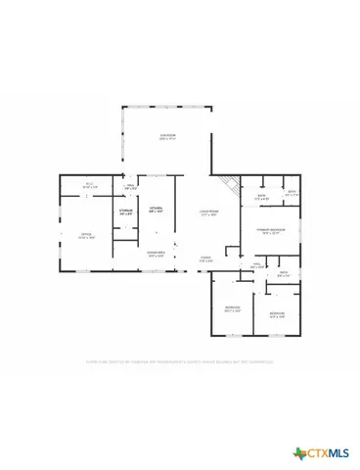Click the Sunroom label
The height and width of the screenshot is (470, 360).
coord(168,136)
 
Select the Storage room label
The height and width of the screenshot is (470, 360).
coord(125,211)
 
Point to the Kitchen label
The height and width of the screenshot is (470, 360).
coord(155,210)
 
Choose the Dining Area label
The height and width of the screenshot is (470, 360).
coord(156,255)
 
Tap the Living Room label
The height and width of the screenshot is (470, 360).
coord(208,212)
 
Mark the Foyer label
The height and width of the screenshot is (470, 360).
coord(206,260)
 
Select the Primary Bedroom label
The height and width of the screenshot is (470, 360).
coord(270,231)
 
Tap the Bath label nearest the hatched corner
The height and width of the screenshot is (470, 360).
coord(261,197)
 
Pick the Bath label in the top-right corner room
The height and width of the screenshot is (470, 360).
coord(291,193)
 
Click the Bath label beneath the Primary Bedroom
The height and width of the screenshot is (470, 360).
coord(283,273)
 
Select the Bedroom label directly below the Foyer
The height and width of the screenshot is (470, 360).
coord(232,309)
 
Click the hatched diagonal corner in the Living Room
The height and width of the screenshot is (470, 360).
coord(229,183)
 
